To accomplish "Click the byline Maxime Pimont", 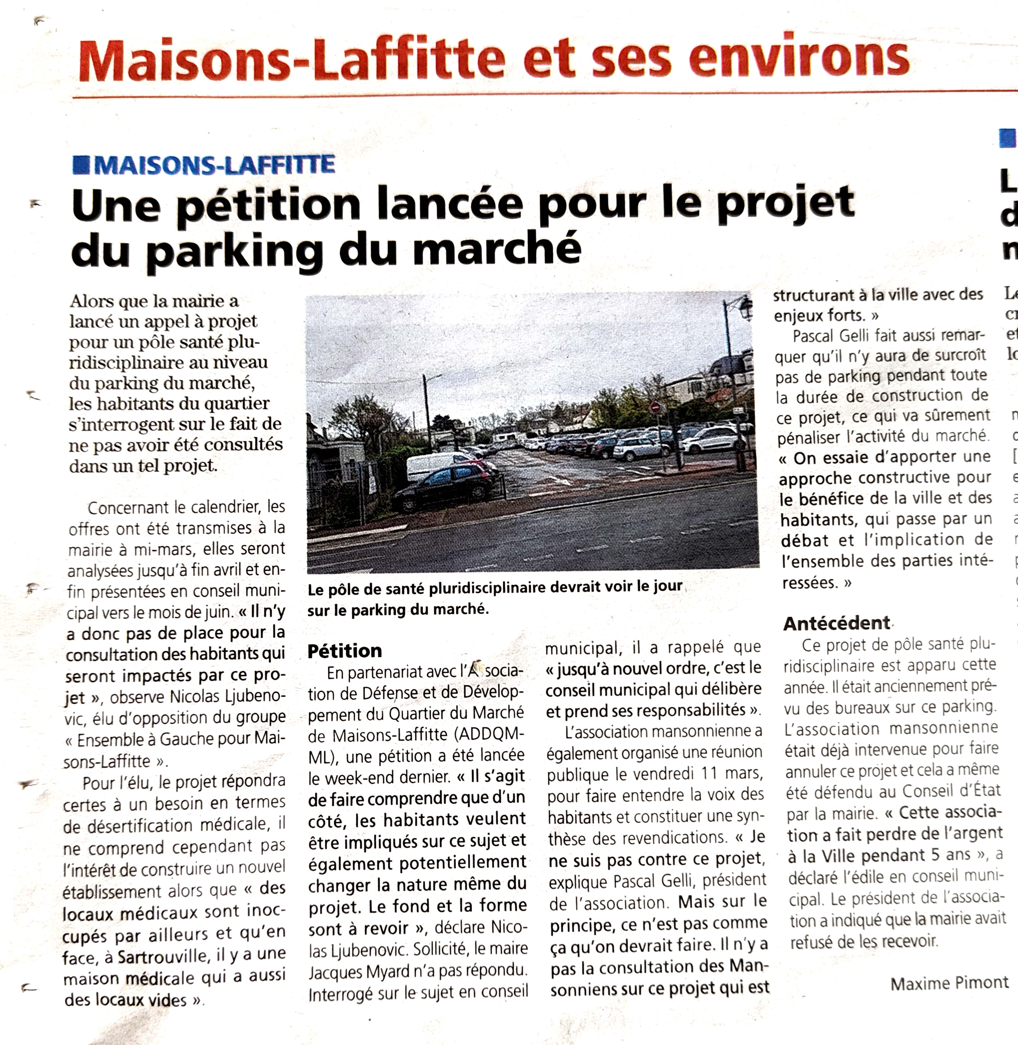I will click(949, 983).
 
